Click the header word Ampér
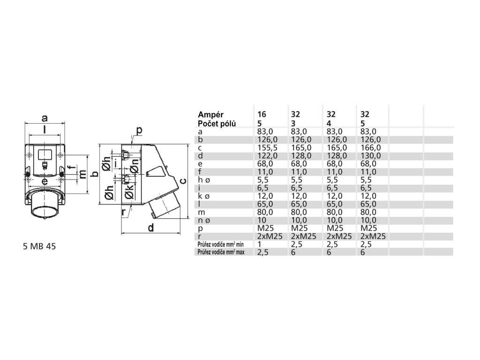210,114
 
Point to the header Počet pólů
217,123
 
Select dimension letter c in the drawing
184,180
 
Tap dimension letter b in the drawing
94,174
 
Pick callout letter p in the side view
139,129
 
